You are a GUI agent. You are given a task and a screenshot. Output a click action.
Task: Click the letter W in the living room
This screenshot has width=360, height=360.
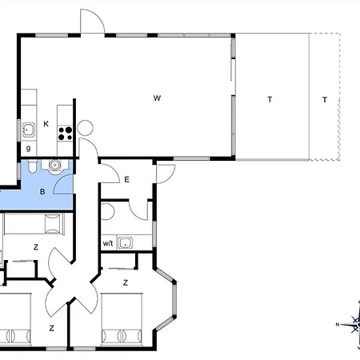coord(157,98)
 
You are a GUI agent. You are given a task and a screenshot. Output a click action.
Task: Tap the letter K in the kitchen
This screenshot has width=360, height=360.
coord(46,124)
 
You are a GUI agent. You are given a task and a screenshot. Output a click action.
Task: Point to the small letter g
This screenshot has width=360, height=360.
coord(28,149)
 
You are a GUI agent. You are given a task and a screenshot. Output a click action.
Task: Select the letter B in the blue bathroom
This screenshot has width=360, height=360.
coord(42,191)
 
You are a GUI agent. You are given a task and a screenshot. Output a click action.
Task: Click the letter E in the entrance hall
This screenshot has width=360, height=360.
coord(126,179)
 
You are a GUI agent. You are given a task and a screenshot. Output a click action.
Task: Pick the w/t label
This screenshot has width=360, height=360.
coord(108,243)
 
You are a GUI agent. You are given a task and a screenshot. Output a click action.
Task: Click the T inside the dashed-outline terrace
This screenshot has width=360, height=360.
coord(325,100)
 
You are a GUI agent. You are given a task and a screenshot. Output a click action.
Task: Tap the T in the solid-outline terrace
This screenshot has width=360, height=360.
coord(270,99)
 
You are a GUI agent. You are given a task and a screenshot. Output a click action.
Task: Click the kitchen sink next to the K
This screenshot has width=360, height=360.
coord(29,130)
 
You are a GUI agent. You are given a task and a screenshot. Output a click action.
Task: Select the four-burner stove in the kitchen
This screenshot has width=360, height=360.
coord(66,134)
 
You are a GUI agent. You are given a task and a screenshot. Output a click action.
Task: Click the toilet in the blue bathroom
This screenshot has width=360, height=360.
coord(32,166)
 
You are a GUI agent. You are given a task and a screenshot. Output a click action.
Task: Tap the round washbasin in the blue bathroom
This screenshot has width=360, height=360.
coord(54,166)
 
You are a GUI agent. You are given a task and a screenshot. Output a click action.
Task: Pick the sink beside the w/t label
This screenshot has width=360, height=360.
coord(125,242)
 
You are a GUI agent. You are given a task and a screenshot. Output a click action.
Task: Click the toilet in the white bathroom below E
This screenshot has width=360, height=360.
coord(107,211)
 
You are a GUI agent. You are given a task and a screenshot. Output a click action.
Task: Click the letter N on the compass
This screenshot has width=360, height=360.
coord(338,325)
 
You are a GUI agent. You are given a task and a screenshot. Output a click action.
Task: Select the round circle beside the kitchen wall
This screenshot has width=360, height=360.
coord(86,128)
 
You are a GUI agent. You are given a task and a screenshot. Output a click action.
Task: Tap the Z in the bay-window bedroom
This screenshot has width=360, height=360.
coord(126,282)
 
